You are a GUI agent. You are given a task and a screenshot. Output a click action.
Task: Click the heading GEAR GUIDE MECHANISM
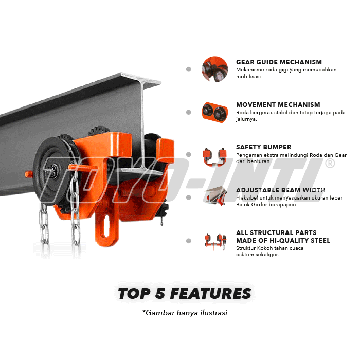279,62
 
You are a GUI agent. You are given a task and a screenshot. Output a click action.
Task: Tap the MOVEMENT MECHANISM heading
278,105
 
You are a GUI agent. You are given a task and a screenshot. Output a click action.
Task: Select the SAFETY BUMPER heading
263,147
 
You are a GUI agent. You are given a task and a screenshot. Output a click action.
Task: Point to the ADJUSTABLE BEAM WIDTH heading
280,190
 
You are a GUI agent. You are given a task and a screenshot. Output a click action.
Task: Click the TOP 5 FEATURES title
185,294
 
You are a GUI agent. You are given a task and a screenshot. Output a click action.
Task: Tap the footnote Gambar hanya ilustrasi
185,312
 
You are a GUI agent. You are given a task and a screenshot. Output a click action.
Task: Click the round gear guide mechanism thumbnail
215,69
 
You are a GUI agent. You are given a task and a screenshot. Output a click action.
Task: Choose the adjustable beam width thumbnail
215,197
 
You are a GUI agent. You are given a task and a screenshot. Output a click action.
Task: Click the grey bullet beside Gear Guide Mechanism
189,69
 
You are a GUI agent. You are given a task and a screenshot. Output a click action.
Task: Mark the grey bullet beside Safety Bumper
189,154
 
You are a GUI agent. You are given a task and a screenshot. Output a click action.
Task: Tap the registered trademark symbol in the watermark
330,164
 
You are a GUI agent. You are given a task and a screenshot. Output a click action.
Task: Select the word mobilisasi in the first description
249,77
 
